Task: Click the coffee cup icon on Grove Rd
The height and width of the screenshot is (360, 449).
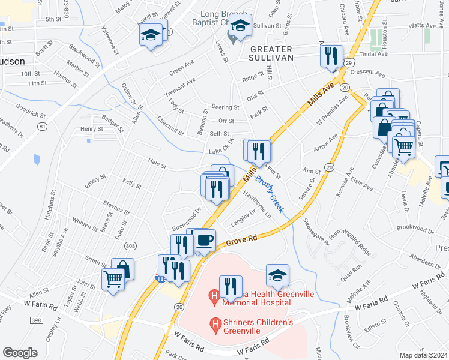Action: pos(204,240)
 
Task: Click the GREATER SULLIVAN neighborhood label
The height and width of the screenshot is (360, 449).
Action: pos(271,53)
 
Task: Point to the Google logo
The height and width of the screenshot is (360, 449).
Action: pos(20,353)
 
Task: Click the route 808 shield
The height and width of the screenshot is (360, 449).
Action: pos(130,245)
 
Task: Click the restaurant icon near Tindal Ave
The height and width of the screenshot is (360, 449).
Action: pos(331,57)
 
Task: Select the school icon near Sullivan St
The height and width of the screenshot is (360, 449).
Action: pos(240,27)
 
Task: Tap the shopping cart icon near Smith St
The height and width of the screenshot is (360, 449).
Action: pos(112,278)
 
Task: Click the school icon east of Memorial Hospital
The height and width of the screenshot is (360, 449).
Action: pos(277,275)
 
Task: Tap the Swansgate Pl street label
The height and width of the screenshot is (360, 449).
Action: pos(316,233)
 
